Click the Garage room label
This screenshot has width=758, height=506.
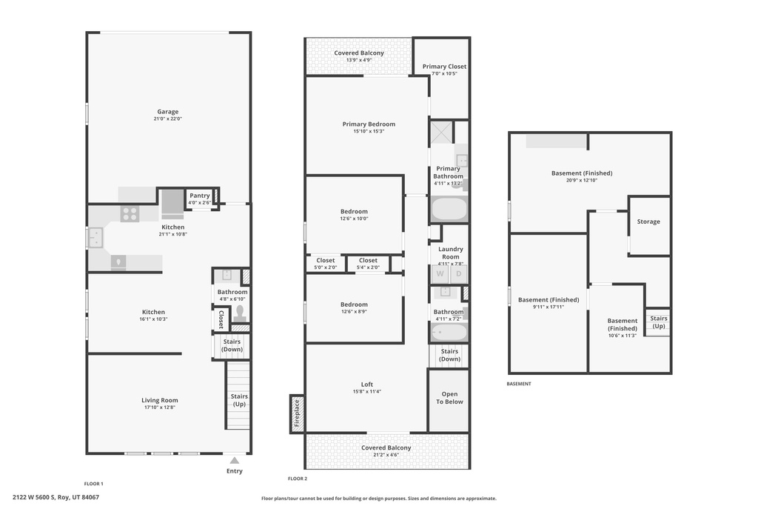[x=168, y=112]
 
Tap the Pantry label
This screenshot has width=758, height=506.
[x=200, y=196]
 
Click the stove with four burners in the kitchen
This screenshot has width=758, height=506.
[x=130, y=214]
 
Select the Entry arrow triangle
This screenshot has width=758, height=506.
[x=235, y=461]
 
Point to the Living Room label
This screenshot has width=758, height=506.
[x=160, y=400]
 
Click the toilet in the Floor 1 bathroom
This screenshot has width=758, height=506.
[x=240, y=313]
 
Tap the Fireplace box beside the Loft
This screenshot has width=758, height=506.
[x=297, y=414]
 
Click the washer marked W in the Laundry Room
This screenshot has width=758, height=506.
[x=440, y=274]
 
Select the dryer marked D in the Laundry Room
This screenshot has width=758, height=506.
[x=459, y=274]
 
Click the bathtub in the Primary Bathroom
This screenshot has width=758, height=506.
[x=449, y=209]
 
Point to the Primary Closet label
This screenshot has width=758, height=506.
[x=444, y=66]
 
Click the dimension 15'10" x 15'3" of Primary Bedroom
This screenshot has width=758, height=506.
[x=369, y=131]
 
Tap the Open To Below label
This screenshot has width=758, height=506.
[x=449, y=398]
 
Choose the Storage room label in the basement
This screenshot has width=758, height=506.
[x=648, y=222]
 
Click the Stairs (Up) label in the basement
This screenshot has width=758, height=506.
[x=658, y=322]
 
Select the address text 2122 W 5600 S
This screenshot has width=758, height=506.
[x=34, y=497]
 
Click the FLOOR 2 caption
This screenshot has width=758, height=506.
[x=298, y=479]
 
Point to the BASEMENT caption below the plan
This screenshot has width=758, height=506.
[x=519, y=384]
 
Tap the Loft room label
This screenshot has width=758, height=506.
[x=367, y=385]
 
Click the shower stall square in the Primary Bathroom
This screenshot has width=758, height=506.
[x=442, y=132]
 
